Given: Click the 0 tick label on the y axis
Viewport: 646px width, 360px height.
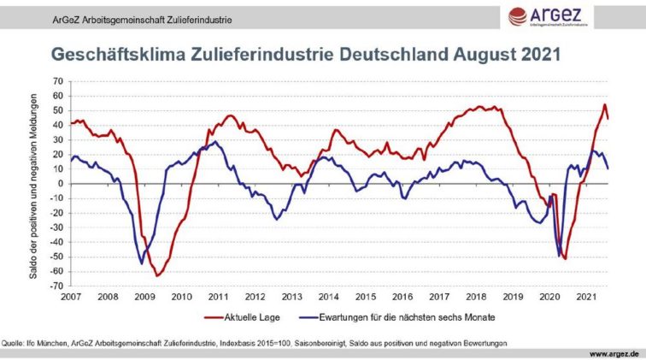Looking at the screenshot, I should [62, 183].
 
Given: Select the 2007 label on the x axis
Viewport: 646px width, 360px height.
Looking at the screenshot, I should [70, 297].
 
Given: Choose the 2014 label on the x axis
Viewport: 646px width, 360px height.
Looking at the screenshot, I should [328, 297].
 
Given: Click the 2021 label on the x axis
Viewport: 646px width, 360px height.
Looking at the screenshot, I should [586, 297].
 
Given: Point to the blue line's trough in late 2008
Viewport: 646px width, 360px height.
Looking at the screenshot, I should [141, 263].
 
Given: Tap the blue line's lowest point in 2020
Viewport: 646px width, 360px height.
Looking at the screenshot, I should [560, 256].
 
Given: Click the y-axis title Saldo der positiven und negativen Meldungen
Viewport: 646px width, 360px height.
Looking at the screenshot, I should [32, 183].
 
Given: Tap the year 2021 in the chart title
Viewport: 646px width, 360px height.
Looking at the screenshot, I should [539, 55].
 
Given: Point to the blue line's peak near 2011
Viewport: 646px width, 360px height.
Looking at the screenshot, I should [215, 142].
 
